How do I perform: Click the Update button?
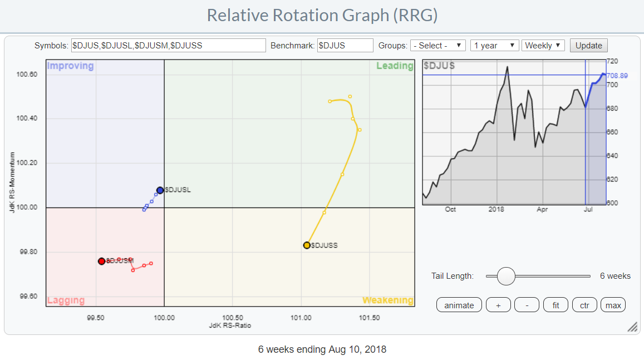(x=588, y=46)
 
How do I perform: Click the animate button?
(x=459, y=305)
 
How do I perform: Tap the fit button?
(x=555, y=305)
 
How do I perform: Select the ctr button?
(x=584, y=305)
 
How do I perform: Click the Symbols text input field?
(x=168, y=46)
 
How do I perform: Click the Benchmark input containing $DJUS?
(x=345, y=46)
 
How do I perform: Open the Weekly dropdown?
(x=543, y=46)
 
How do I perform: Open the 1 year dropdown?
(x=494, y=46)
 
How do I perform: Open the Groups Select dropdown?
(x=437, y=46)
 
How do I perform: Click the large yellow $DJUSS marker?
(x=307, y=245)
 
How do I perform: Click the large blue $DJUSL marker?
(x=160, y=190)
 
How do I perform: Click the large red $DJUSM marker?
(x=101, y=261)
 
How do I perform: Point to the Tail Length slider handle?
(x=506, y=276)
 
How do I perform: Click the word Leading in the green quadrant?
(x=395, y=66)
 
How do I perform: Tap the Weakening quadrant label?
(x=387, y=300)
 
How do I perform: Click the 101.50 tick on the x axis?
(x=369, y=318)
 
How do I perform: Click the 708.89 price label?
(x=618, y=75)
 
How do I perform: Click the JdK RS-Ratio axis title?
(x=230, y=326)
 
